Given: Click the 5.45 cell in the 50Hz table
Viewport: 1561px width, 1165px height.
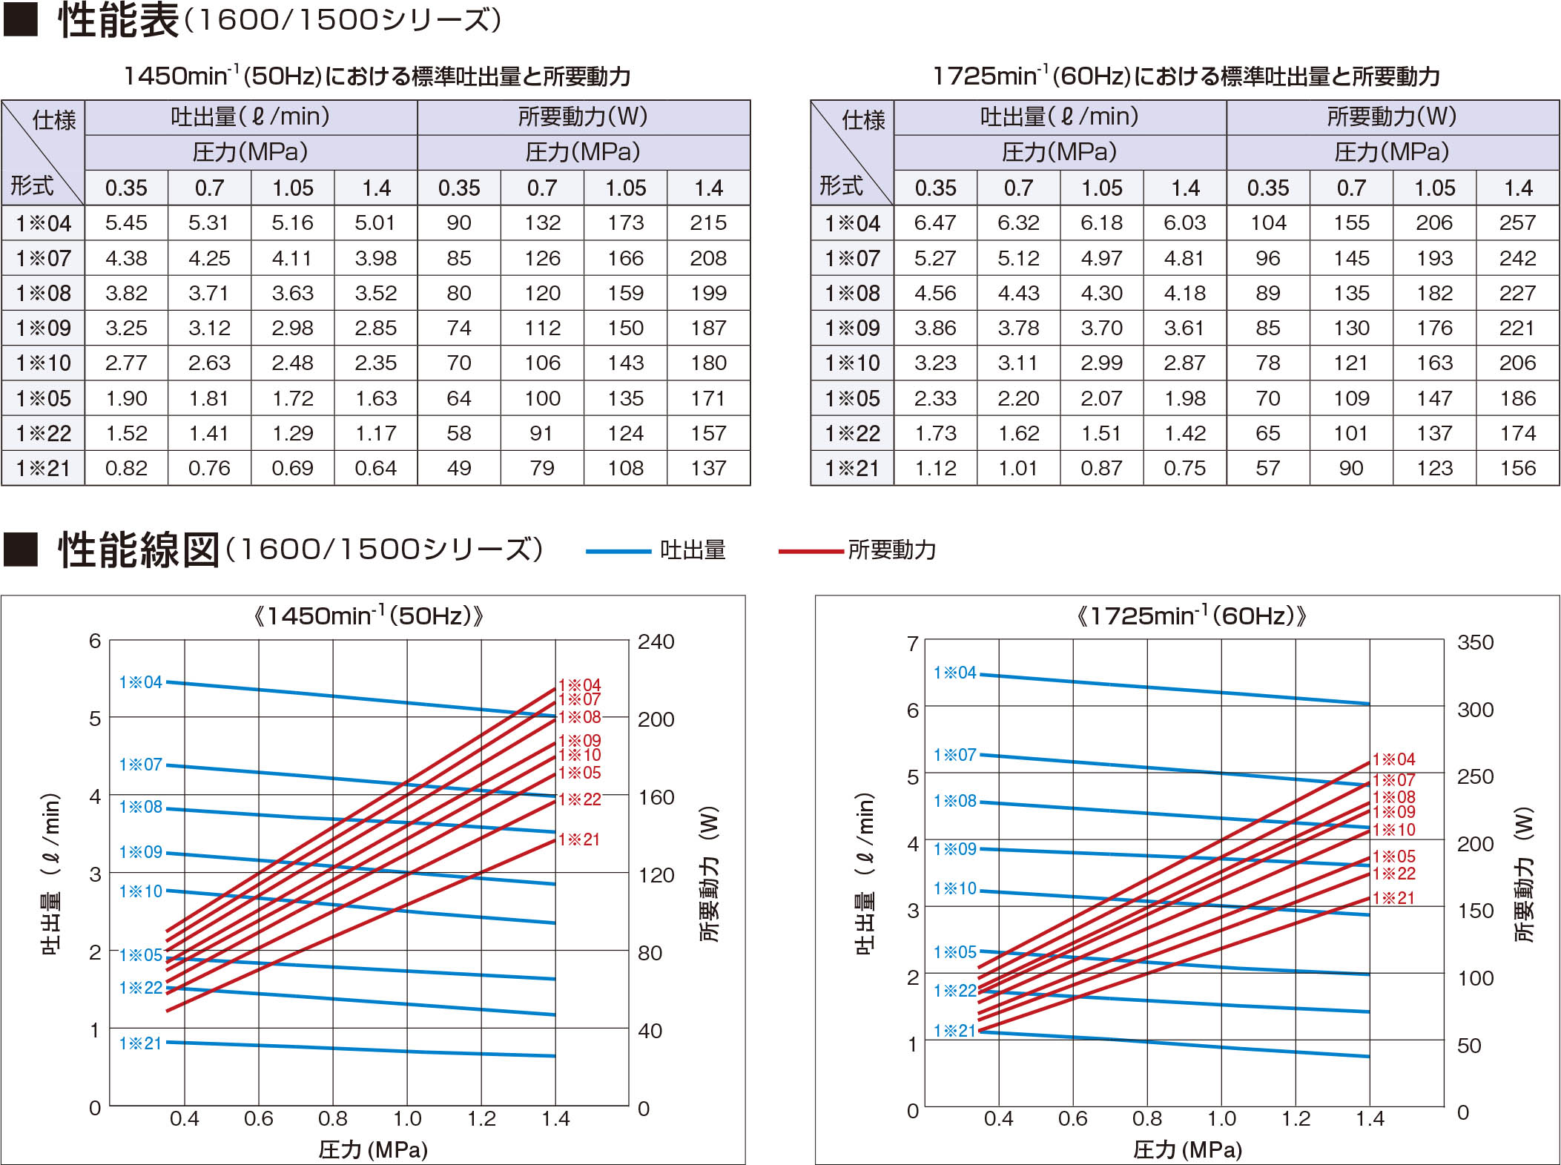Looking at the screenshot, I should tap(126, 223).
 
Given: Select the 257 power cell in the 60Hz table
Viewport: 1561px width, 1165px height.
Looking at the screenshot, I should tap(1517, 223).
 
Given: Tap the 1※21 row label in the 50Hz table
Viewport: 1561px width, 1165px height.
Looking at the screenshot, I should tap(43, 469).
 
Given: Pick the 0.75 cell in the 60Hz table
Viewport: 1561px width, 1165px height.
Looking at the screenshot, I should tap(1184, 469).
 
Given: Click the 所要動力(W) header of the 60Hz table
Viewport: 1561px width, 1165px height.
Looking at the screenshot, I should tap(1392, 117).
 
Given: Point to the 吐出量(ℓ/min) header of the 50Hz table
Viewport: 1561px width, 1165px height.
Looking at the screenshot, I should tap(251, 117).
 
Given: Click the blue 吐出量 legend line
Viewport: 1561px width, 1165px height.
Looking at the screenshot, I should tap(618, 551).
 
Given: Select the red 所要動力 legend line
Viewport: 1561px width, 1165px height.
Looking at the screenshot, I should tap(811, 551).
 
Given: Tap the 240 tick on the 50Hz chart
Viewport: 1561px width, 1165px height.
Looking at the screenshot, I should tap(656, 642).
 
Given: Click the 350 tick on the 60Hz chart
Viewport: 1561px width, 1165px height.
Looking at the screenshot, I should tap(1475, 643).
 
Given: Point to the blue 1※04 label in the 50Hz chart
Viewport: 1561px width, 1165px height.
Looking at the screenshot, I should tap(140, 682).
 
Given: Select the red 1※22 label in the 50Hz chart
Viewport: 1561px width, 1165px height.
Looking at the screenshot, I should tap(579, 799).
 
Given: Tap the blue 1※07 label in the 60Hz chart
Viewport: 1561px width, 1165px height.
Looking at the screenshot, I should tap(954, 755).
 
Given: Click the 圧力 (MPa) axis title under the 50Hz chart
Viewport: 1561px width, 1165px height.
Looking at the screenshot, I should tap(373, 1149).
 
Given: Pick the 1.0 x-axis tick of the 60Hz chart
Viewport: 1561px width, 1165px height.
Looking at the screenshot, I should tap(1221, 1118).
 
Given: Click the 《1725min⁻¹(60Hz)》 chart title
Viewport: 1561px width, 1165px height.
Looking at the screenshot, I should tap(1191, 616).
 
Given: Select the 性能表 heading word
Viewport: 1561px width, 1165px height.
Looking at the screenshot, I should tap(119, 21).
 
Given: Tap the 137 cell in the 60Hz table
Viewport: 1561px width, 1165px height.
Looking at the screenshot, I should tap(1434, 434).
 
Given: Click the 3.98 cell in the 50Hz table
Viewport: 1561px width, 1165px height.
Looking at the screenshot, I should tap(375, 259).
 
